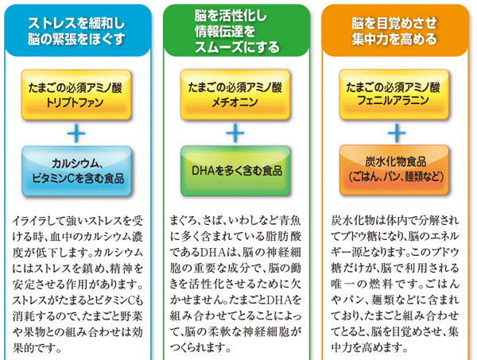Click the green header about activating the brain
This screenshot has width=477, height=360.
(235, 29)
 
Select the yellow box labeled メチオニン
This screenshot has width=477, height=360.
(235, 96)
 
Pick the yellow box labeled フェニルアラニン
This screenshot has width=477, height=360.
(394, 96)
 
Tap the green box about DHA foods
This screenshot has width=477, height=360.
(235, 170)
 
